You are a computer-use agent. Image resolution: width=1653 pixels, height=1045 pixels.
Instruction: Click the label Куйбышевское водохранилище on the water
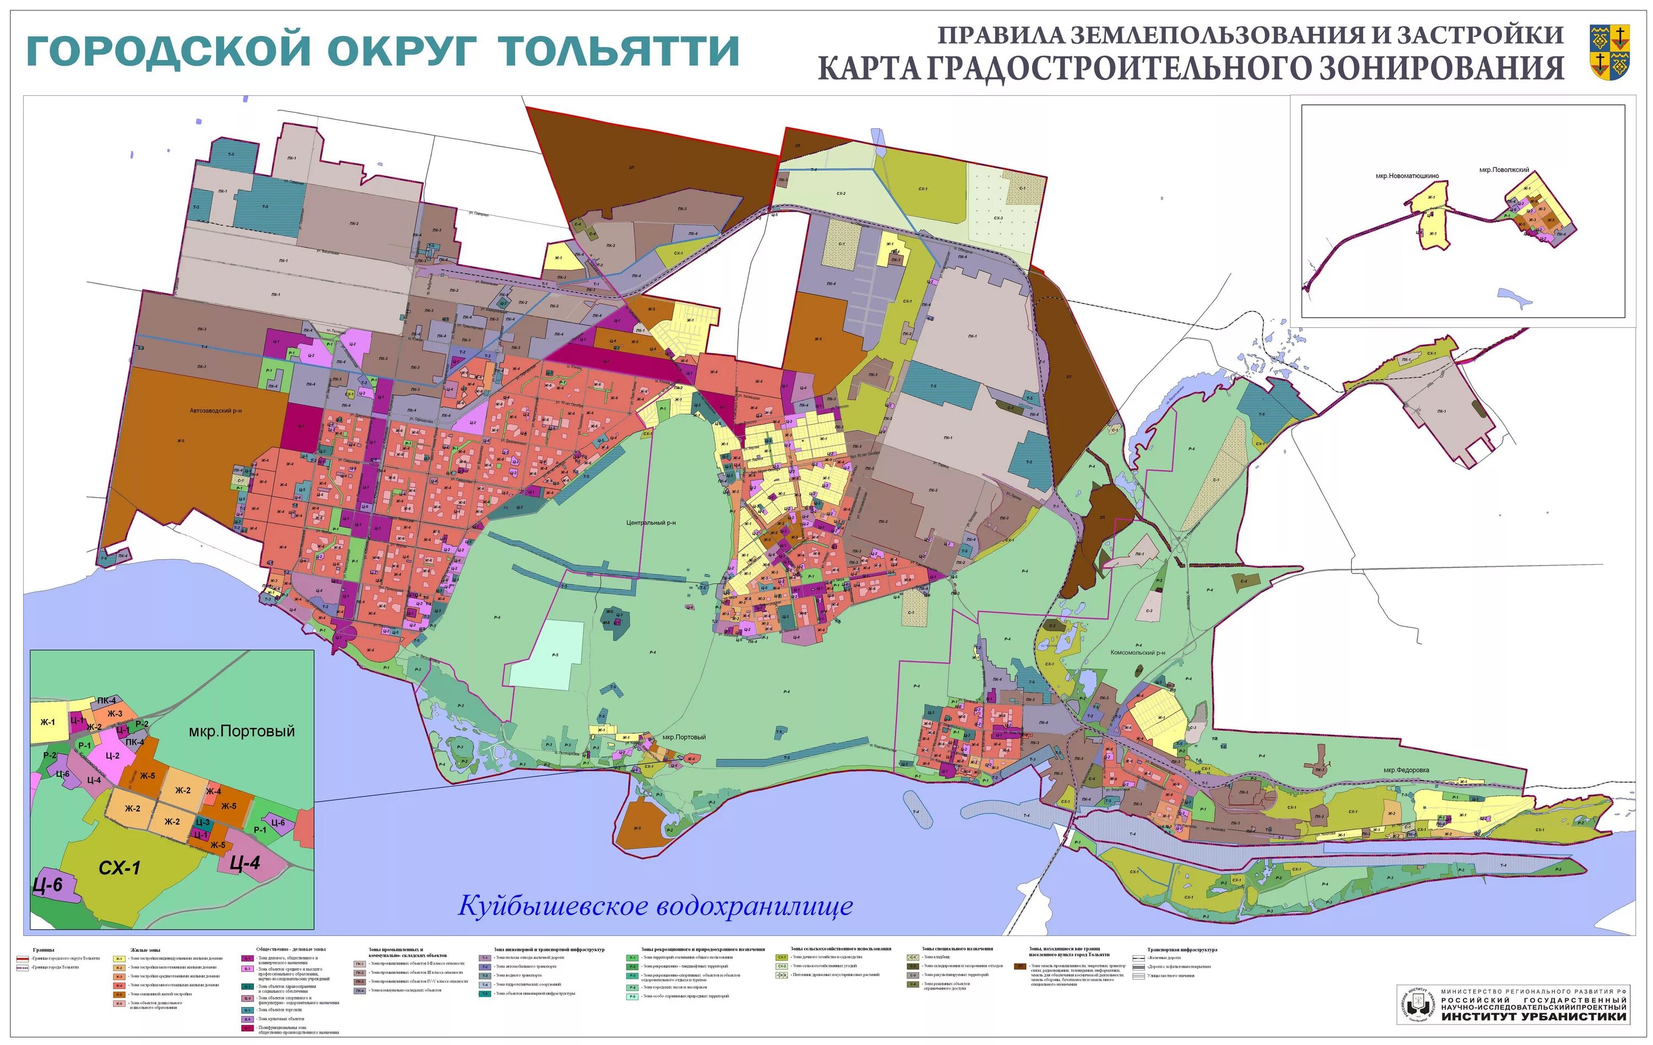point(655,906)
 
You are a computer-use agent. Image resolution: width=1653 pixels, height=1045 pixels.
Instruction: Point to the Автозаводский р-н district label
point(216,411)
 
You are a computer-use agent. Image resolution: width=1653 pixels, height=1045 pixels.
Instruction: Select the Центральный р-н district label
point(651,523)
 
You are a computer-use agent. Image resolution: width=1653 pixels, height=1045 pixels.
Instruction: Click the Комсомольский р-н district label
point(1137,653)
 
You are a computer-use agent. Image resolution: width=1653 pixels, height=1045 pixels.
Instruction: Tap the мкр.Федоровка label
point(1406,770)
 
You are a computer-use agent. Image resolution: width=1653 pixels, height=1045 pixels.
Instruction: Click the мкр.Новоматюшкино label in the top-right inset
point(1407,176)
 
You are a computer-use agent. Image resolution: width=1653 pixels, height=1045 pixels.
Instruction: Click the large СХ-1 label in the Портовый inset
point(120,868)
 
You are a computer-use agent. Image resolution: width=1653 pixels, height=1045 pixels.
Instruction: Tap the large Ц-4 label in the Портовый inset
point(245,863)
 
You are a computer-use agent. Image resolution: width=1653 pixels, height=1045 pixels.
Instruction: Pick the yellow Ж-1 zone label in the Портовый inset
point(47,722)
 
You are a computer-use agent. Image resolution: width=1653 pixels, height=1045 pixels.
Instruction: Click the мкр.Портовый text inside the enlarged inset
point(242,732)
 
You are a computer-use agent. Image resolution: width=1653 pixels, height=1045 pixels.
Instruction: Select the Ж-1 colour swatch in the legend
point(120,959)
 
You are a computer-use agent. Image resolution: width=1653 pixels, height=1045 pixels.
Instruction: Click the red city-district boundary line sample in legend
point(22,958)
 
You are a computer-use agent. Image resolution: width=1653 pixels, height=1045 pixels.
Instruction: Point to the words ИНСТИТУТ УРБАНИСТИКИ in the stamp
point(1533,1017)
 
